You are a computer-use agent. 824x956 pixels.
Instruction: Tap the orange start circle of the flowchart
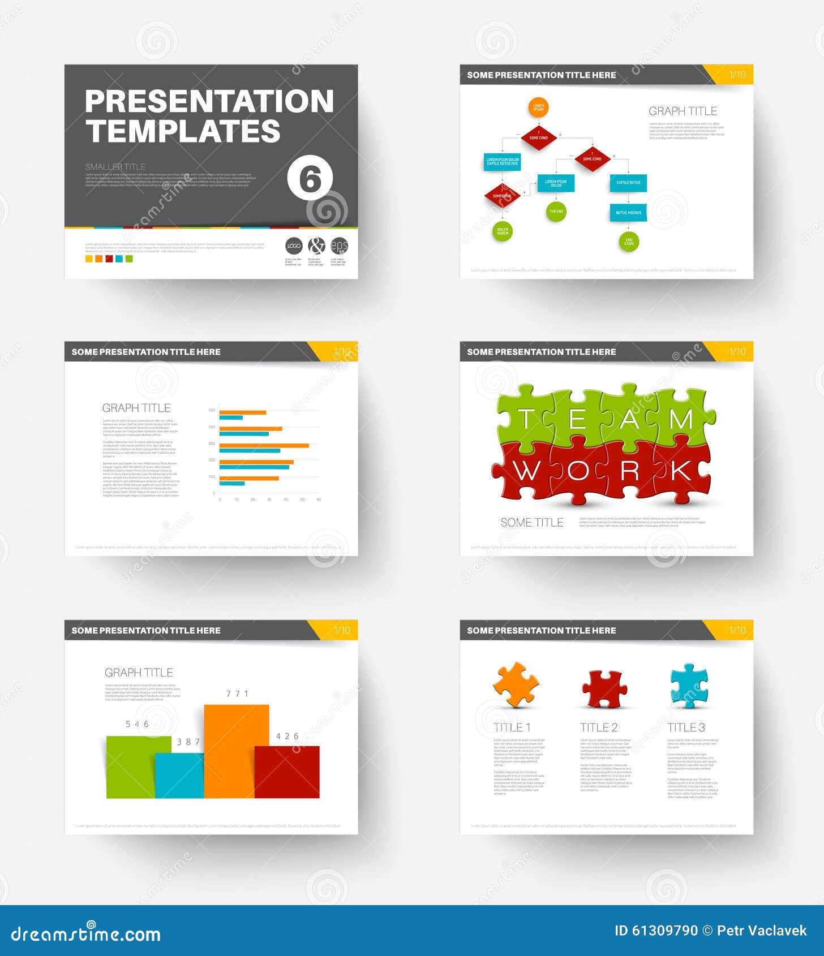(x=538, y=107)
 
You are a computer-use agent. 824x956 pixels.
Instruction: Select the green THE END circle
(x=556, y=212)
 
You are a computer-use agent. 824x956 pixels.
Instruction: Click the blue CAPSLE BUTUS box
(x=628, y=183)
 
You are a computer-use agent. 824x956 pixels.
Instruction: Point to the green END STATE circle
(x=629, y=242)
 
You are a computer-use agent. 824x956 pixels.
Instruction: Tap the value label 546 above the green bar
(x=137, y=724)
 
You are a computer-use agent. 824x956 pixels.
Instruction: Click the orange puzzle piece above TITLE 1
(x=516, y=685)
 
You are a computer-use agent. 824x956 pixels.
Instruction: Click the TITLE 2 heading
(x=599, y=727)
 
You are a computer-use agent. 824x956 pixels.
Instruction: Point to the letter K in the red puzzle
(x=681, y=471)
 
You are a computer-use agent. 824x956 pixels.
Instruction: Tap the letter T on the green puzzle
(x=526, y=419)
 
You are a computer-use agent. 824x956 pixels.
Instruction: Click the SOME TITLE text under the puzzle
(x=531, y=523)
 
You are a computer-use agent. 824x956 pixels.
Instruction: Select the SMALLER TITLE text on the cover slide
(x=115, y=167)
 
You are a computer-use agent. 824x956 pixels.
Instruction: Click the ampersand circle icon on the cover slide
(x=316, y=246)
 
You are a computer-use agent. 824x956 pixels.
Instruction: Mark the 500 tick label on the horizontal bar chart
(x=212, y=410)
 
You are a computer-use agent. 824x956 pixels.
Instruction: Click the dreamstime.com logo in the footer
(x=86, y=934)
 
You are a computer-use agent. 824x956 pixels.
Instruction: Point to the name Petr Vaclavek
(x=762, y=931)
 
